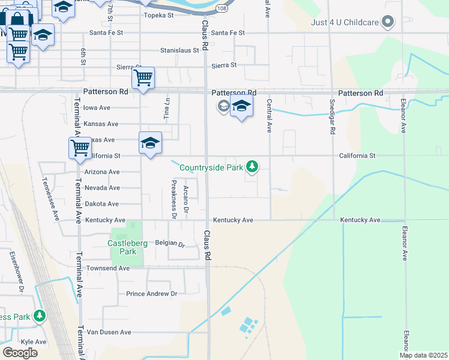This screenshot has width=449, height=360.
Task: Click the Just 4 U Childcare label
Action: (x=344, y=23)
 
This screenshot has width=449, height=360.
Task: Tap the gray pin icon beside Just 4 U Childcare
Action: (x=388, y=23)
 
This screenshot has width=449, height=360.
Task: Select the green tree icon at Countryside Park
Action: (x=253, y=166)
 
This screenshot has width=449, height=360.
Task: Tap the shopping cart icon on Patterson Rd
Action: (x=143, y=77)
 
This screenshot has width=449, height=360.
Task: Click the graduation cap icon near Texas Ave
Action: (x=150, y=143)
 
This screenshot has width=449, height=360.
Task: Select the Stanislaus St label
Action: (x=179, y=50)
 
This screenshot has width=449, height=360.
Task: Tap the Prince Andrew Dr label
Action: (x=151, y=294)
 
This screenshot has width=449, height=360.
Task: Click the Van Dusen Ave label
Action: (x=109, y=332)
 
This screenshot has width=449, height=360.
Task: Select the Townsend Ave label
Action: (x=108, y=268)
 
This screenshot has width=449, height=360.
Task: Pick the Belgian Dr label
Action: (x=170, y=244)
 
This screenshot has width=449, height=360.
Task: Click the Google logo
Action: (x=20, y=352)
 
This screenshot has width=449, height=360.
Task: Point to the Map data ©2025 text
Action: (x=423, y=355)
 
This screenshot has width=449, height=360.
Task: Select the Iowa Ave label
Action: (x=97, y=108)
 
